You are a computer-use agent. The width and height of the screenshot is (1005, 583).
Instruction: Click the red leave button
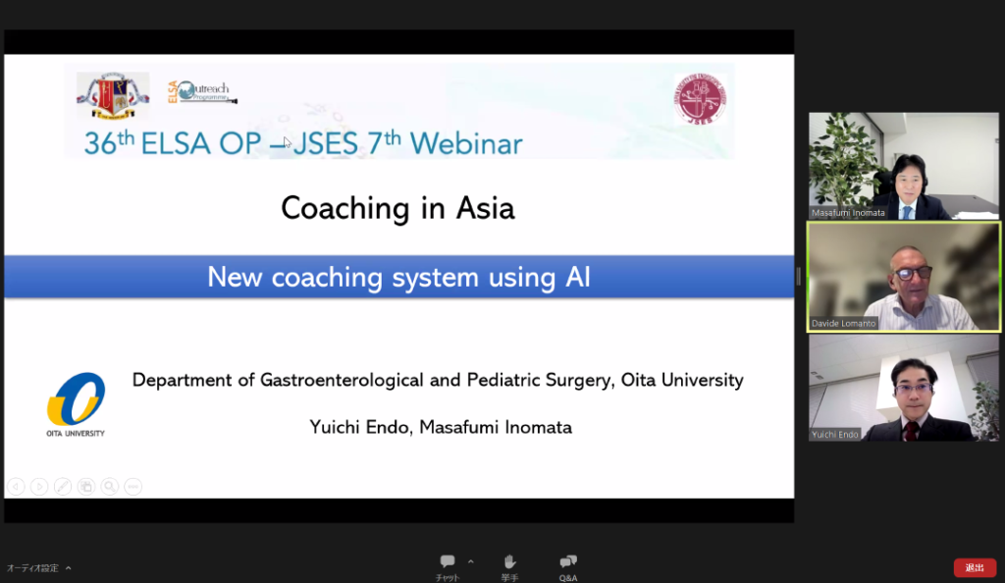coord(975,567)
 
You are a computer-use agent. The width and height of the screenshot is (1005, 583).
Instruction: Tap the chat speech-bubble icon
coord(448,561)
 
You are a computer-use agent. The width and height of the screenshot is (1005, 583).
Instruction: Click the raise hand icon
coord(509,561)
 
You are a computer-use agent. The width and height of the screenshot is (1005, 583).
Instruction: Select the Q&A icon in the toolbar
coord(568,561)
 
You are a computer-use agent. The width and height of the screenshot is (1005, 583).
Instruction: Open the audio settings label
coord(33,568)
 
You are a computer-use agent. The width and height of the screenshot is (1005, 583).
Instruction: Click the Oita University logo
coord(76,403)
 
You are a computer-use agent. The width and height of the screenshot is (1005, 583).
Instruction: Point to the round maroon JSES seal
coord(700,99)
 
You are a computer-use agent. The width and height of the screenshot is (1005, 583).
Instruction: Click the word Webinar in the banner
coord(466,143)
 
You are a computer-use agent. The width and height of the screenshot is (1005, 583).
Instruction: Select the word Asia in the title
coord(482,208)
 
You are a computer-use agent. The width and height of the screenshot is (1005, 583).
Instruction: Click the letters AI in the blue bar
coord(578,278)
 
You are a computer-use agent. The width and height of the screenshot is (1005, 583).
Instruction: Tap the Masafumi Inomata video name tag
coord(848,212)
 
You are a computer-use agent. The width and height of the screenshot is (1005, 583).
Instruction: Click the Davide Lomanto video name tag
coord(844,323)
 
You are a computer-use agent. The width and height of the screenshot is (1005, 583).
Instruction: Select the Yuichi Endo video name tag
coord(834,434)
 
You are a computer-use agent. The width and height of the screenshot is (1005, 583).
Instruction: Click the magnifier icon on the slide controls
coord(110,486)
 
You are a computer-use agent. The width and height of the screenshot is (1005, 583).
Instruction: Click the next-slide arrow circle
coord(39,486)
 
